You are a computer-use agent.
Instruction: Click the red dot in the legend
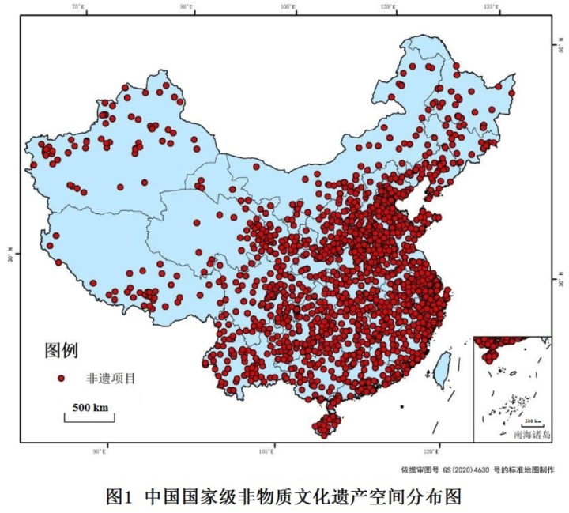pos(62,379)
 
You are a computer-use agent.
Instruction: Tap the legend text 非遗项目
pos(111,379)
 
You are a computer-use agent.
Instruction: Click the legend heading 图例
pos(61,349)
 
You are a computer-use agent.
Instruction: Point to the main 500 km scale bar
pos(89,413)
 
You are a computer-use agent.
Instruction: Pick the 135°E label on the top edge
pos(490,7)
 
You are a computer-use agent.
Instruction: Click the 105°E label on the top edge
pos(288,7)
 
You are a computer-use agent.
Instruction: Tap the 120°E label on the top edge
pos(387,7)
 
